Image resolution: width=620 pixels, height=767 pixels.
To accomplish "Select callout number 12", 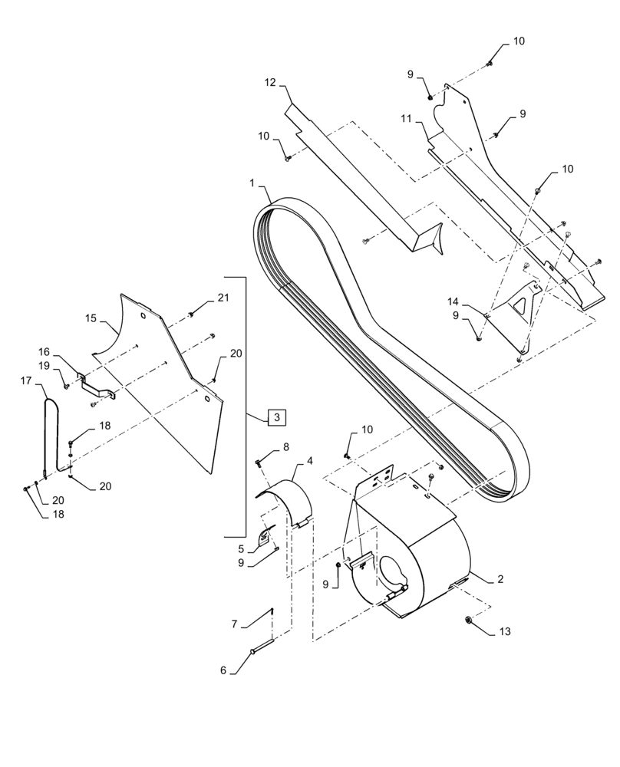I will click(269, 83).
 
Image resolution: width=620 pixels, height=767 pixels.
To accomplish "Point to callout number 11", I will click(405, 119).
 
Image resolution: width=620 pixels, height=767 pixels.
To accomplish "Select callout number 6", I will click(223, 670).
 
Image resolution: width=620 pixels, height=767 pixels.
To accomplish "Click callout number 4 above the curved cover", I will click(310, 461).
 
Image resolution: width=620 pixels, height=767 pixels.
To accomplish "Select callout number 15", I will click(91, 317).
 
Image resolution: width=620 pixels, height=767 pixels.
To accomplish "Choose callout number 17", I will click(26, 380).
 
